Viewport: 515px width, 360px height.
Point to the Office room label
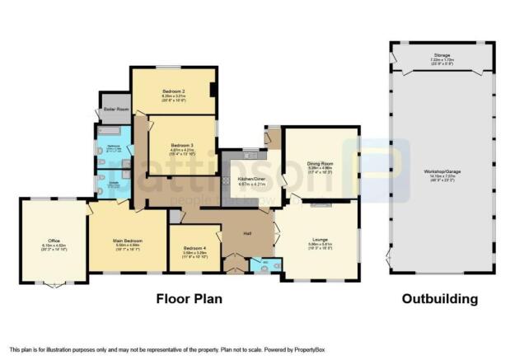[53, 241]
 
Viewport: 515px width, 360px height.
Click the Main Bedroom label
[127, 241]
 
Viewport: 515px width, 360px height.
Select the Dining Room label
[320, 164]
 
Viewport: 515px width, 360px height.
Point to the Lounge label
[320, 240]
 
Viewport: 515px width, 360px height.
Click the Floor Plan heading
[190, 299]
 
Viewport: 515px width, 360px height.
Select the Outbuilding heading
[439, 299]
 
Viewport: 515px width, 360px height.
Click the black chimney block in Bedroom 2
[213, 91]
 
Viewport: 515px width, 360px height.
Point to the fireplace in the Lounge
[321, 203]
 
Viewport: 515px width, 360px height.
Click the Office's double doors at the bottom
[54, 285]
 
